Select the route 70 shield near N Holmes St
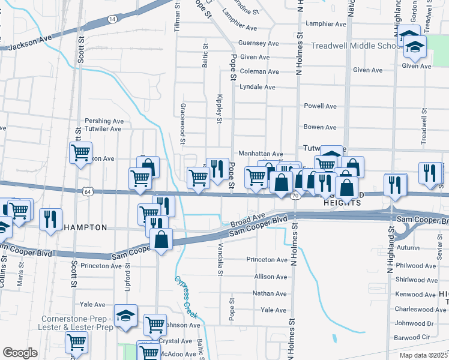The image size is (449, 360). (294, 196)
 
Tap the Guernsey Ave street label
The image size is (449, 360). (258, 43)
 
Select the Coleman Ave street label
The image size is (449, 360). (259, 71)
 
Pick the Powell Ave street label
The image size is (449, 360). (320, 106)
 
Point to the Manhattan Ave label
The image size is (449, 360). (261, 154)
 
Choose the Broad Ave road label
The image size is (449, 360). (247, 220)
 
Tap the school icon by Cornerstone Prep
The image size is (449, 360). (125, 316)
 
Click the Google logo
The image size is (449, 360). (20, 353)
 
